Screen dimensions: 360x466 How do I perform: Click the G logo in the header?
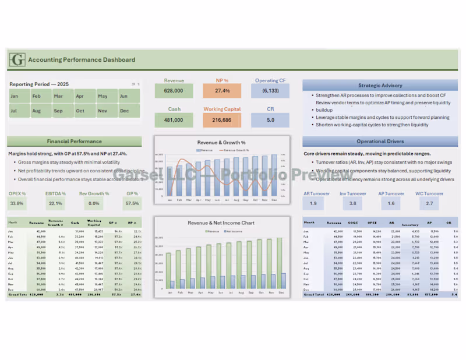tap(18, 59)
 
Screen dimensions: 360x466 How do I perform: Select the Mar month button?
tap(58, 96)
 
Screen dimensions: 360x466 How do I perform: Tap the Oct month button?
tap(80, 111)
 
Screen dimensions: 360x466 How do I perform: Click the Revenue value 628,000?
tap(174, 91)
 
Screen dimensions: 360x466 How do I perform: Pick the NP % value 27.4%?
tap(222, 91)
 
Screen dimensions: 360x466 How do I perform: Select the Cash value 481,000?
tap(174, 120)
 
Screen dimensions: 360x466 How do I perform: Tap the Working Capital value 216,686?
tap(222, 120)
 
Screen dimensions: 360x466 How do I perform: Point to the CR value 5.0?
tap(270, 120)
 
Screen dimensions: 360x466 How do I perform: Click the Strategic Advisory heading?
tap(380, 85)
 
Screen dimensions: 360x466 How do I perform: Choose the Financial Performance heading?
tap(74, 141)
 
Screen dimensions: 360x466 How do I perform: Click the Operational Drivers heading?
tap(380, 141)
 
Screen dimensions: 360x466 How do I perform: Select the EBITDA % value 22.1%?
tap(56, 203)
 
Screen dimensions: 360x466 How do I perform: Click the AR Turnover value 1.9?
tap(313, 203)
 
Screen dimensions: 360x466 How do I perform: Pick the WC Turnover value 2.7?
tap(429, 203)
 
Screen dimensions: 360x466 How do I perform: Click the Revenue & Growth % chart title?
tap(221, 142)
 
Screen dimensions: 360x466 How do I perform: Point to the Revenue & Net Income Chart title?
tap(221, 223)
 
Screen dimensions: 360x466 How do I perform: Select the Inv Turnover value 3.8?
tap(352, 203)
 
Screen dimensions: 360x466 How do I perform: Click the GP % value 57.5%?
tap(132, 203)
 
